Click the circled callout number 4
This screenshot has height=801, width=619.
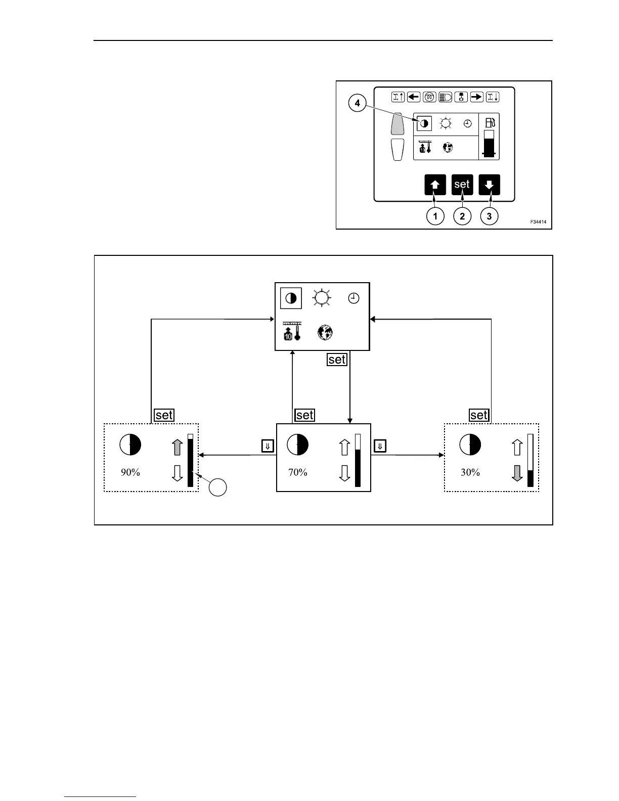[x=358, y=104]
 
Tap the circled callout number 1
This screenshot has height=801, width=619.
[x=435, y=216]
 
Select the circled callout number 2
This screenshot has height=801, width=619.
[x=462, y=216]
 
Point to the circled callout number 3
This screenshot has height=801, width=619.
[x=489, y=216]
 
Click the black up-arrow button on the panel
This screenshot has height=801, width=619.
[x=435, y=185]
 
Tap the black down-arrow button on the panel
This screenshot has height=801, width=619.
[x=489, y=185]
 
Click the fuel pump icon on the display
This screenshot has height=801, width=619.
[x=490, y=122]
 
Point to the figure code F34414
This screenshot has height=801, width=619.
[x=538, y=222]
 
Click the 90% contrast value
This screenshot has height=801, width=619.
[x=130, y=472]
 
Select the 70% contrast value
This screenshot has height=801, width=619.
[x=298, y=472]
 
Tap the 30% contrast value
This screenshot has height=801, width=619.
[x=470, y=472]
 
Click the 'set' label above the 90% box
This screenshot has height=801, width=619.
[x=164, y=415]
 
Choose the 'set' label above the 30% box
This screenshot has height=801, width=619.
[x=479, y=415]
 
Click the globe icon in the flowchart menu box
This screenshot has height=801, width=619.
[x=325, y=332]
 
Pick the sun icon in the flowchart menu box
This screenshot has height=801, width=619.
[x=322, y=298]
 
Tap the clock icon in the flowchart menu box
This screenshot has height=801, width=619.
[x=354, y=298]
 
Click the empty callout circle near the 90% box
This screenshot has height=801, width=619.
[x=218, y=487]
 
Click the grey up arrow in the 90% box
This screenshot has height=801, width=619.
[x=177, y=447]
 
